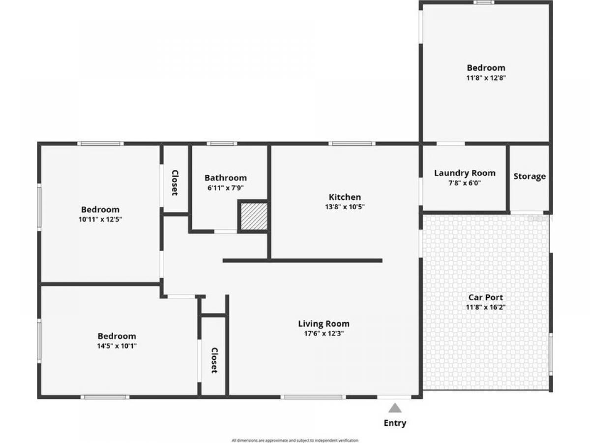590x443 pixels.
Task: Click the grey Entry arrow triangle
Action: click(395, 408)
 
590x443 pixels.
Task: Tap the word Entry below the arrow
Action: click(395, 423)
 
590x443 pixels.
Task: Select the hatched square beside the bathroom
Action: click(254, 217)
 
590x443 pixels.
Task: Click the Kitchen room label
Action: click(345, 197)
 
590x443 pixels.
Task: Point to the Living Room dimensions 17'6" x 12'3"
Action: click(324, 334)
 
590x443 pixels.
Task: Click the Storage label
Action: click(530, 176)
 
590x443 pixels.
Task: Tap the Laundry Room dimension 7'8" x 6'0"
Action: click(465, 183)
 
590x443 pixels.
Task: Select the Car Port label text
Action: click(486, 297)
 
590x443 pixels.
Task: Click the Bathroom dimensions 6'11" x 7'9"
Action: click(226, 188)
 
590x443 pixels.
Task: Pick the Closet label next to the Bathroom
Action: click(175, 183)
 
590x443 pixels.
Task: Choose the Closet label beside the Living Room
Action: click(214, 360)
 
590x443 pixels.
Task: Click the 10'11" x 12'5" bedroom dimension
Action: click(100, 220)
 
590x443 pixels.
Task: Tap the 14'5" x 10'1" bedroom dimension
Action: click(117, 346)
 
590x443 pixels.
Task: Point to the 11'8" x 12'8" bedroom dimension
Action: click(486, 78)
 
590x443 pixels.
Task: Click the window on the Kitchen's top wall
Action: click(352, 144)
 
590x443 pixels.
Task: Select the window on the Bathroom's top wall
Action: click(222, 144)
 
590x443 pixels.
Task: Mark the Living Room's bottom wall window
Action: click(313, 397)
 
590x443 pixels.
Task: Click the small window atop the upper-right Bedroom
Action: click(484, 2)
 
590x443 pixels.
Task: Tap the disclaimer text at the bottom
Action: click(295, 441)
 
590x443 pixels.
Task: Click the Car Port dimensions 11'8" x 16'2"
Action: click(486, 307)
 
